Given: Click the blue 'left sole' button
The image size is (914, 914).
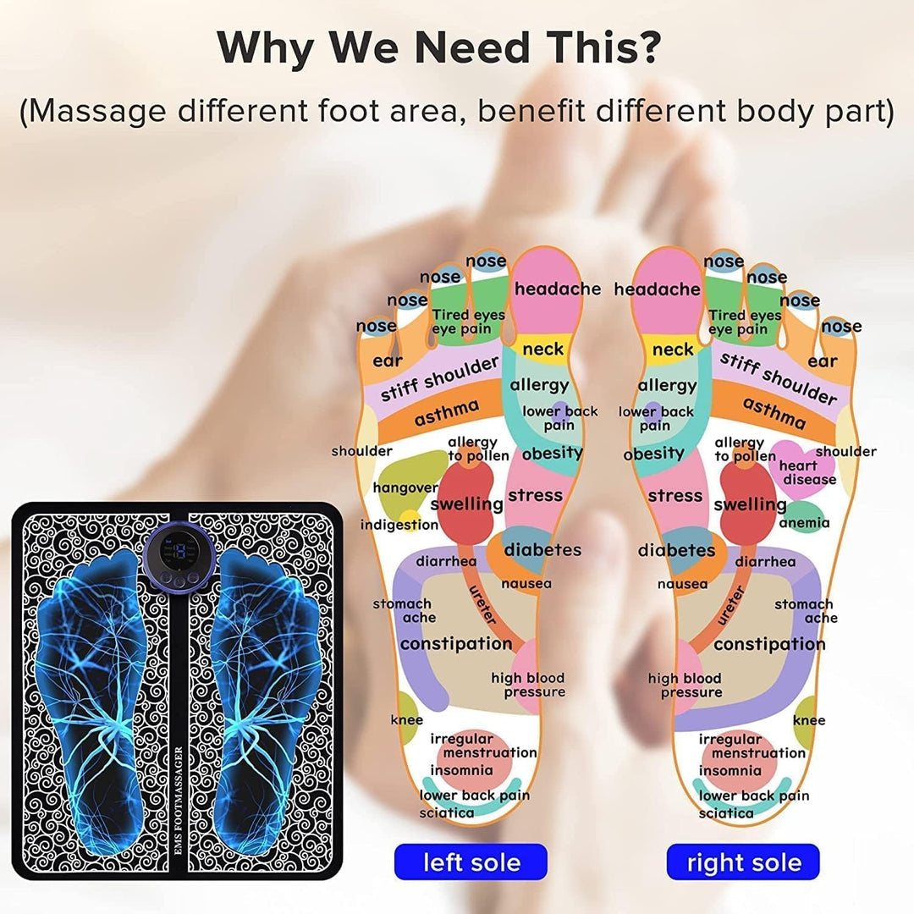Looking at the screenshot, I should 471,862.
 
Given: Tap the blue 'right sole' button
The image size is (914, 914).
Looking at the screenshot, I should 743,862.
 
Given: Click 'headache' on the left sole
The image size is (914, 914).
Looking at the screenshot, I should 557,289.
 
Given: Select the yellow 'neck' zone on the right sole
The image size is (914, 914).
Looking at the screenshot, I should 673,350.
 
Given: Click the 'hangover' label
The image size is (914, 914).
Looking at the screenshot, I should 405,487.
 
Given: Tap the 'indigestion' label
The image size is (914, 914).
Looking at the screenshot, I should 399,525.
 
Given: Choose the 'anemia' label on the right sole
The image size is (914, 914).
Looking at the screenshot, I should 804,523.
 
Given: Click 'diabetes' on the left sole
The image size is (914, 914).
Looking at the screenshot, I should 542,550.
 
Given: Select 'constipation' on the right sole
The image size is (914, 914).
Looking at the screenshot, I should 769,644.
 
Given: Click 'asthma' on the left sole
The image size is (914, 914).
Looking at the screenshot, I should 446,413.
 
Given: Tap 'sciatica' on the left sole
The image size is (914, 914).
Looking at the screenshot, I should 446,813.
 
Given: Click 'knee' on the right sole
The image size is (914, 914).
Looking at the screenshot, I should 809,720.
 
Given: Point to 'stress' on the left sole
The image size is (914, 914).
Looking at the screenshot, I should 534,495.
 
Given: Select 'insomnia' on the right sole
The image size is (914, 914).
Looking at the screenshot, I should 730,771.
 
